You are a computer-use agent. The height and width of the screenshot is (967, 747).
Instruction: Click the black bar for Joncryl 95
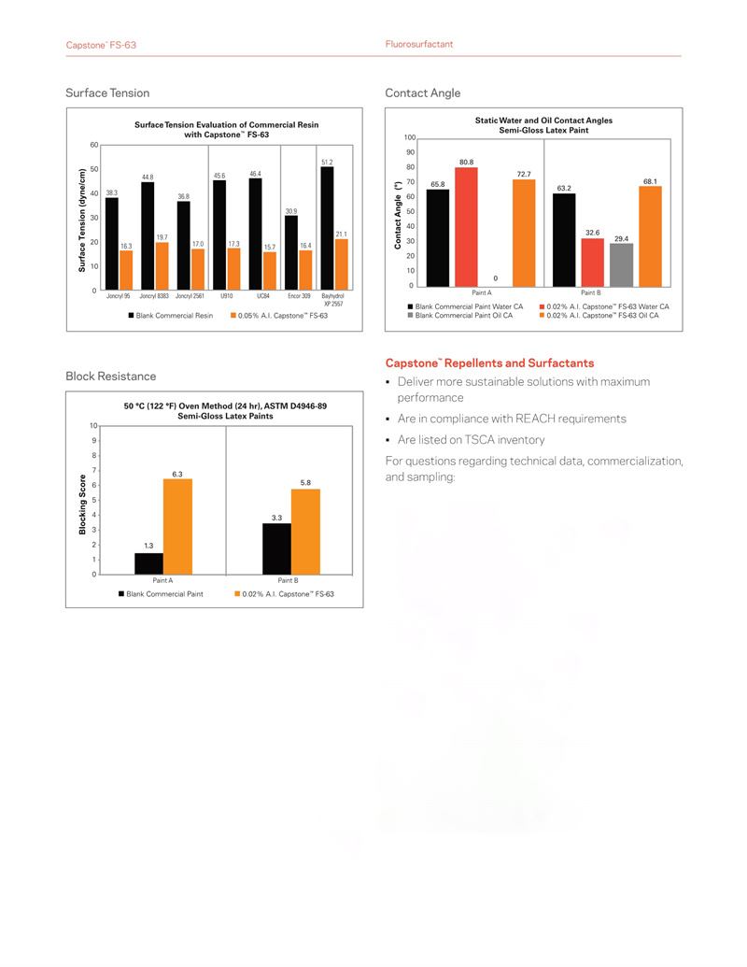[x=112, y=243]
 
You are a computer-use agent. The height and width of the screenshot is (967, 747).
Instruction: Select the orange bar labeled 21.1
[x=342, y=263]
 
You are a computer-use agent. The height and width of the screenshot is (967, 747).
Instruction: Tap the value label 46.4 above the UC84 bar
[x=255, y=174]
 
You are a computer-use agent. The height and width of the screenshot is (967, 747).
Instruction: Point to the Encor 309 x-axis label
[x=299, y=296]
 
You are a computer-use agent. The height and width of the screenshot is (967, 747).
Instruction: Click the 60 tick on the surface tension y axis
[x=93, y=146]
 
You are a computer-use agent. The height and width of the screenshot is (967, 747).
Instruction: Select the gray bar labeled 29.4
[x=621, y=264]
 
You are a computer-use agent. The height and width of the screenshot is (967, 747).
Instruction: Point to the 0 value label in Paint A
[x=495, y=277]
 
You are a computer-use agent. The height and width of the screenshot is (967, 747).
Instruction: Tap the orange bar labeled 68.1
[x=651, y=236]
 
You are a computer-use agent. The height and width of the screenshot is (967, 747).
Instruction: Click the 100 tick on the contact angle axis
[x=410, y=138]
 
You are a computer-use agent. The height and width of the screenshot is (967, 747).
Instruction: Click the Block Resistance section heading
[x=110, y=376]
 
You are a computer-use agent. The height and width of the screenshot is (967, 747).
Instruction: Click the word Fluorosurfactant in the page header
[x=419, y=45]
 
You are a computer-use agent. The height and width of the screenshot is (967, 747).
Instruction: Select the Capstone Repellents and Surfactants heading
[x=489, y=363]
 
